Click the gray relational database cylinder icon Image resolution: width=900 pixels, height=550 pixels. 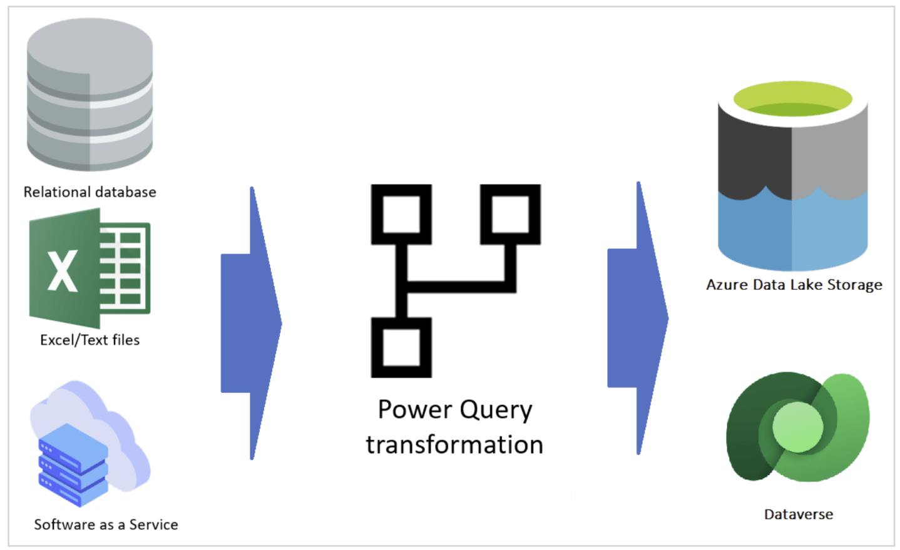point(89,94)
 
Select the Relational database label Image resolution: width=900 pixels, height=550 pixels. point(89,192)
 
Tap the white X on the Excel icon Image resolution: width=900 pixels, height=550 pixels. point(63,270)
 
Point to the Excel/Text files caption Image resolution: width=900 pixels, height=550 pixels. point(89,340)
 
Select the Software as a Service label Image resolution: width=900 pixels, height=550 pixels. point(106,524)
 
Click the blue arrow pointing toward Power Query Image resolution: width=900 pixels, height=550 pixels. point(250,323)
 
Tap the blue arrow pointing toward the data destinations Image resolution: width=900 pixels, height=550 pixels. point(637,318)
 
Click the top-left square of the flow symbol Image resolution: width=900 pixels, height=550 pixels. point(401,214)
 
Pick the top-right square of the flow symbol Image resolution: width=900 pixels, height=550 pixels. point(510,214)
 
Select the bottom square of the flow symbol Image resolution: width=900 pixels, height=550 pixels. point(401,347)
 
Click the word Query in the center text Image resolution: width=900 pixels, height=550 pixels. point(496,410)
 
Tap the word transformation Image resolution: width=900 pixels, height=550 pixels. point(454,445)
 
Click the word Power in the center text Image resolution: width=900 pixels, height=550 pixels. point(414,410)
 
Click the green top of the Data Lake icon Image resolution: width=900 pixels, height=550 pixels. point(792,100)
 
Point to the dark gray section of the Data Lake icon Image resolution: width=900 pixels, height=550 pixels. point(754,156)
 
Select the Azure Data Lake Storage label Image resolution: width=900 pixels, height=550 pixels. point(794,285)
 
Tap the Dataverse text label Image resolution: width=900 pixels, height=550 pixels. point(798,514)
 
